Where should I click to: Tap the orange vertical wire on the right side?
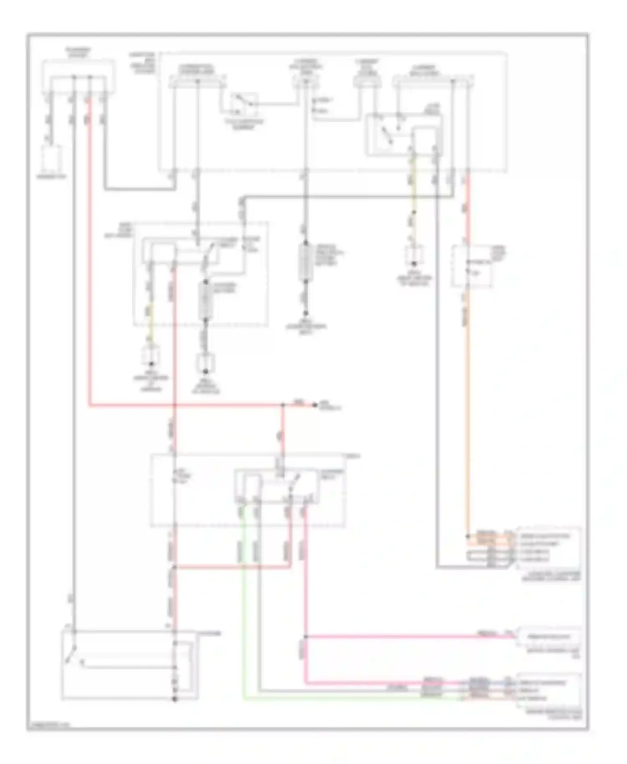pos(467,418)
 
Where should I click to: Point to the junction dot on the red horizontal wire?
pos(283,405)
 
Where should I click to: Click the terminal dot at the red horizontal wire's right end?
pos(315,405)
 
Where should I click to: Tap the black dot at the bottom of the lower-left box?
pos(175,699)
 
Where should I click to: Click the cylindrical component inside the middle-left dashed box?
pos(206,299)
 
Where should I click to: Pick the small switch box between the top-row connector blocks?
pos(243,103)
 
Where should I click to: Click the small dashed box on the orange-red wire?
pos(471,267)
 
